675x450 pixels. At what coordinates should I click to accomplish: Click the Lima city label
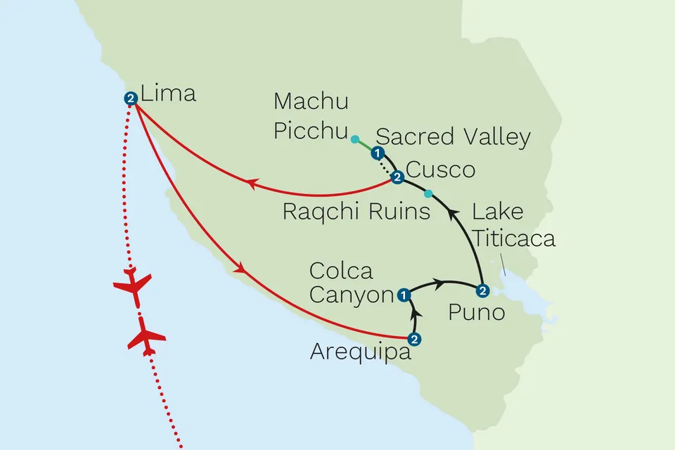click(168, 93)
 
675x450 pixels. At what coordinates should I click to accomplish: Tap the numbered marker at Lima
click(129, 99)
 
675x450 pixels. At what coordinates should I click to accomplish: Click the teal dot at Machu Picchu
click(355, 139)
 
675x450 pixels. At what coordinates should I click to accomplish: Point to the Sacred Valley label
click(454, 138)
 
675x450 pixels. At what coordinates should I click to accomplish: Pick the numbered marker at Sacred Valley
click(378, 153)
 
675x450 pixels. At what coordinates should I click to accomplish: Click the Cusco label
click(440, 170)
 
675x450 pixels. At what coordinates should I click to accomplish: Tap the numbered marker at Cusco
click(397, 177)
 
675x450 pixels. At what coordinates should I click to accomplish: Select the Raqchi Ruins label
click(356, 212)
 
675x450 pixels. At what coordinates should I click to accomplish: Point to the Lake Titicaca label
click(513, 224)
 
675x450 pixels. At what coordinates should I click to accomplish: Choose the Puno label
click(477, 312)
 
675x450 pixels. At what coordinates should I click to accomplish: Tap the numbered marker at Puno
click(482, 290)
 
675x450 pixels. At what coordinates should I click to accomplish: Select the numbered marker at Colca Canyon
click(404, 295)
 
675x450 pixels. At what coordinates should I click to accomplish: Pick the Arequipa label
click(360, 352)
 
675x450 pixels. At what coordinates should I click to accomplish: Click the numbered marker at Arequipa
click(414, 339)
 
